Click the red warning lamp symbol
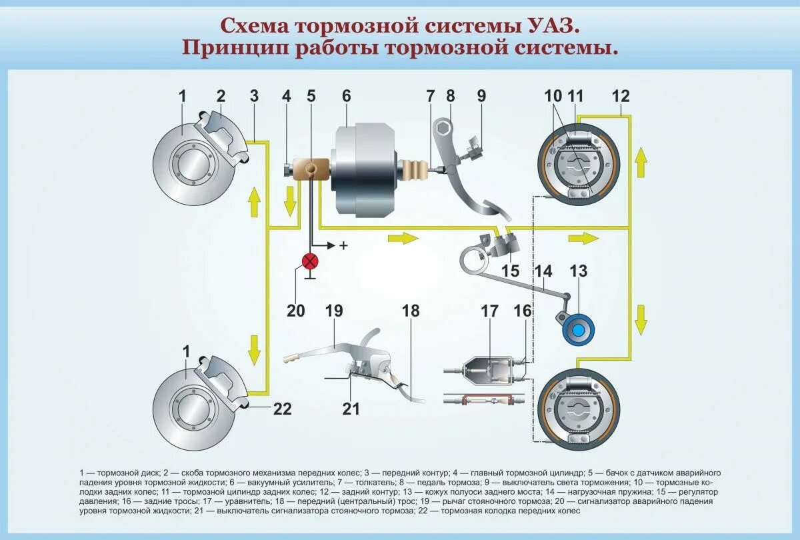(x=311, y=261)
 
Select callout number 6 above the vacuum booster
(x=346, y=96)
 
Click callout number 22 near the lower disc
(x=283, y=409)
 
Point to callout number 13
(x=579, y=271)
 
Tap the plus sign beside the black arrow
(x=344, y=245)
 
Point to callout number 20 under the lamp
(x=295, y=311)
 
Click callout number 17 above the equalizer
(x=490, y=311)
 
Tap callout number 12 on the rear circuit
(x=620, y=96)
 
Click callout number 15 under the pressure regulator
(x=510, y=271)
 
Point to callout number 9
(x=481, y=96)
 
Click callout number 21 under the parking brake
(x=351, y=409)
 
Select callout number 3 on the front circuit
(x=254, y=96)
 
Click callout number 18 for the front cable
(x=411, y=311)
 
